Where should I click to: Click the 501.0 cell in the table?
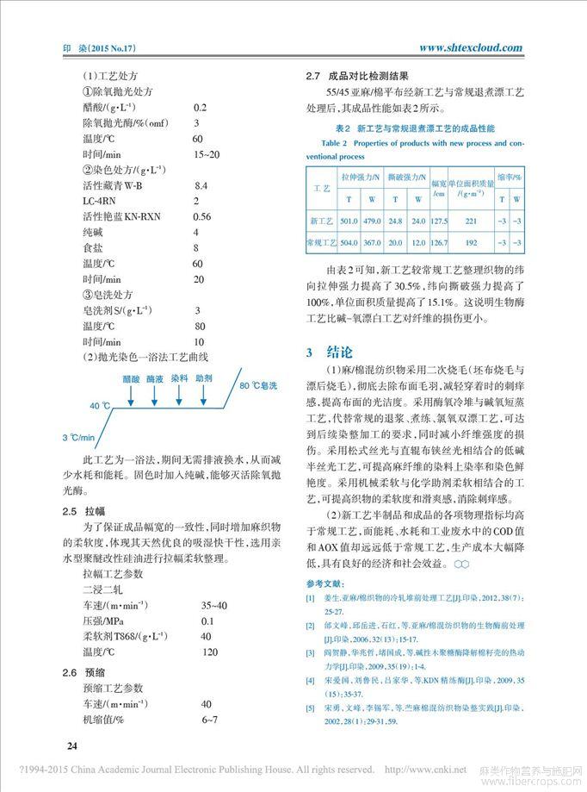pos(349,221)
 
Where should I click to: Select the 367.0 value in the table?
pos(372,244)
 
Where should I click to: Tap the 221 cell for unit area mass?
pos(470,221)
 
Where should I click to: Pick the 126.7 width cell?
pos(438,244)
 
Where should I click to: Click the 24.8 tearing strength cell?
pos(395,221)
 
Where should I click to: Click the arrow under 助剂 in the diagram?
pos(204,394)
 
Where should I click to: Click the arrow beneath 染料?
pos(179,394)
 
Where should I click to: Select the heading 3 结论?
pos(329,352)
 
